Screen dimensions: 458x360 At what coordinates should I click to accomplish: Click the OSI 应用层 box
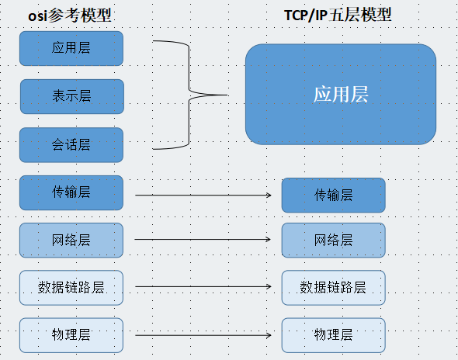[71, 48]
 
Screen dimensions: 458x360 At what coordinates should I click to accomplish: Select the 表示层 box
[72, 96]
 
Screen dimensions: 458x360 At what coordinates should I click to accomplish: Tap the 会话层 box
[71, 145]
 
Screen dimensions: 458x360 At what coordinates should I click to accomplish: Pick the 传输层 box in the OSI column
[71, 192]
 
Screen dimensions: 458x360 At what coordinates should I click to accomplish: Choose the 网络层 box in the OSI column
[71, 241]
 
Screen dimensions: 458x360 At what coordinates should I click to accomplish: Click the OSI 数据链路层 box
[71, 288]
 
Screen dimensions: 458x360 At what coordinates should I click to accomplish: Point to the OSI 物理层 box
[71, 335]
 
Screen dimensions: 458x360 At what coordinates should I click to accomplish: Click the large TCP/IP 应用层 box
[341, 95]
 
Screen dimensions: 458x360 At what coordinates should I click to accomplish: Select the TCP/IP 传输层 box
[334, 195]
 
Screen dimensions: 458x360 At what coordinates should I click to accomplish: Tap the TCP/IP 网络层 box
[334, 241]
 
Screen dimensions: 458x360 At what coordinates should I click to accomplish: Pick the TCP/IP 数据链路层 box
[334, 288]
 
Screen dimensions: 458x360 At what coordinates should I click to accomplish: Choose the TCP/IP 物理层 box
[334, 335]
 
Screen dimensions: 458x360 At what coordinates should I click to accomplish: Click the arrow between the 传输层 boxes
[203, 195]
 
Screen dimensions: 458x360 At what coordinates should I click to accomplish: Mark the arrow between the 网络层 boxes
[203, 240]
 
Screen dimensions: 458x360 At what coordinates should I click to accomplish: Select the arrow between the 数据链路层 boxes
[203, 287]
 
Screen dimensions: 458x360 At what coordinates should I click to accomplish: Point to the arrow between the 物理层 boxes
[203, 335]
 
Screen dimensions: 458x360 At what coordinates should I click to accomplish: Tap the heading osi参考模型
[70, 16]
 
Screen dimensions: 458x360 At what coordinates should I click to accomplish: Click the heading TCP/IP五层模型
[338, 15]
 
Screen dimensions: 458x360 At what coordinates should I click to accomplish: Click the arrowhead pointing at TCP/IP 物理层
[269, 335]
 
